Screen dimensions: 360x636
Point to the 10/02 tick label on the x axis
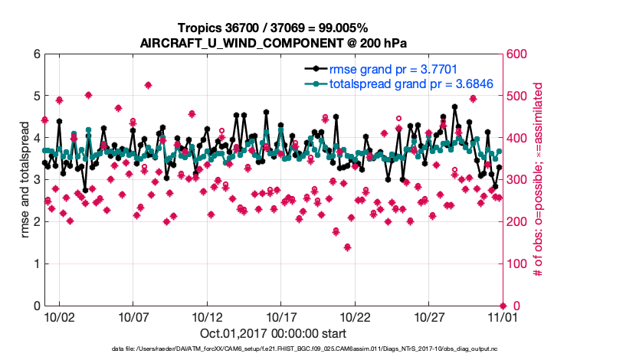[x=59, y=316]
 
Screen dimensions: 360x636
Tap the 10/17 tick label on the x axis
[x=280, y=316]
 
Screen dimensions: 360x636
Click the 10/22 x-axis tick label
[x=355, y=316]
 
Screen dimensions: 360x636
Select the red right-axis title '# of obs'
[x=539, y=180]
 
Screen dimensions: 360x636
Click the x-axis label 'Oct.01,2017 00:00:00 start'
[x=272, y=334]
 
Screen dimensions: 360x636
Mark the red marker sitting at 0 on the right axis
[x=502, y=306]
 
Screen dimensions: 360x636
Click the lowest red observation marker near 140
[x=347, y=247]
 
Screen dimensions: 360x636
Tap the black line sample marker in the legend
[x=313, y=70]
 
